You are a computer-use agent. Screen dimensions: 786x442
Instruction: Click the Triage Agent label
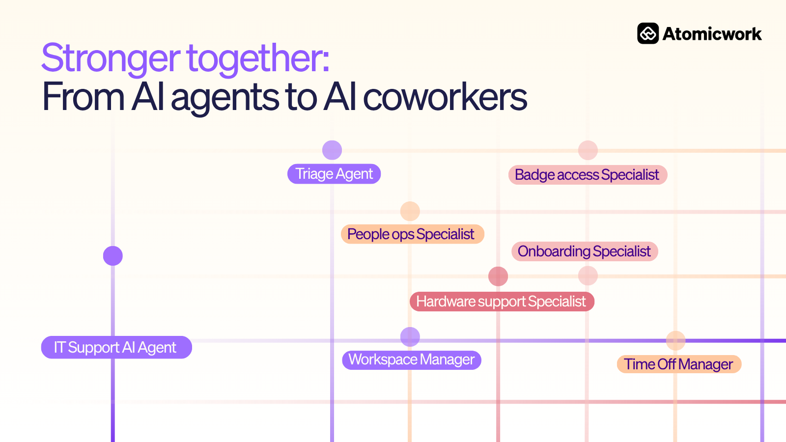(x=334, y=174)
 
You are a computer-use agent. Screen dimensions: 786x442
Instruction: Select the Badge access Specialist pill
(x=588, y=175)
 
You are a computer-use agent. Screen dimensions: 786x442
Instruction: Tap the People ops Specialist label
(x=412, y=234)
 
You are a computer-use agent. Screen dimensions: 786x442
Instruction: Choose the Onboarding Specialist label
(x=585, y=251)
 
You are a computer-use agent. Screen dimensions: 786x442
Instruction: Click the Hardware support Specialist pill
(x=502, y=302)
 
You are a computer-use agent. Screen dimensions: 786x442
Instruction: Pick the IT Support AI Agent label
(x=116, y=347)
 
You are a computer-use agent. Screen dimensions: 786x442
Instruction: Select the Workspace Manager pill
(x=412, y=360)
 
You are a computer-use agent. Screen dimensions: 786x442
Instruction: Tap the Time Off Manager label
(x=679, y=364)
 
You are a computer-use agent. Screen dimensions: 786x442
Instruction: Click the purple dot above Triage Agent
(x=332, y=150)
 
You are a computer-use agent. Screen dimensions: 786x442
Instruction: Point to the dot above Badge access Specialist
(x=588, y=150)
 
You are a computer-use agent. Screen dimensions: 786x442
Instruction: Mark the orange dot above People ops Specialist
(x=410, y=211)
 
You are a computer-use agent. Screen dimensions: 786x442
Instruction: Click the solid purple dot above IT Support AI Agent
(x=112, y=256)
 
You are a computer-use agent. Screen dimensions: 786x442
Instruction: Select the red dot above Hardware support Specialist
(x=498, y=276)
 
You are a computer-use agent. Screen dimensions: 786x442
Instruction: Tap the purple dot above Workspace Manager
(x=410, y=337)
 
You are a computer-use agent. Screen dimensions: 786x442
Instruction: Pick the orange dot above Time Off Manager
(x=675, y=341)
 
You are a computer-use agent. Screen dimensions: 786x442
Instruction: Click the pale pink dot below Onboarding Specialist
(x=588, y=276)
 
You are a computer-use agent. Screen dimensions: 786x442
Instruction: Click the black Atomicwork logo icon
(x=648, y=34)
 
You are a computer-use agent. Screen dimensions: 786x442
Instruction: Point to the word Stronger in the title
(x=111, y=58)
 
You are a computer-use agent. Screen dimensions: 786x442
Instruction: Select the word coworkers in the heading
(x=445, y=96)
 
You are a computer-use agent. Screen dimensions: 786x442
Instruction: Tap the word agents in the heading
(x=225, y=98)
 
